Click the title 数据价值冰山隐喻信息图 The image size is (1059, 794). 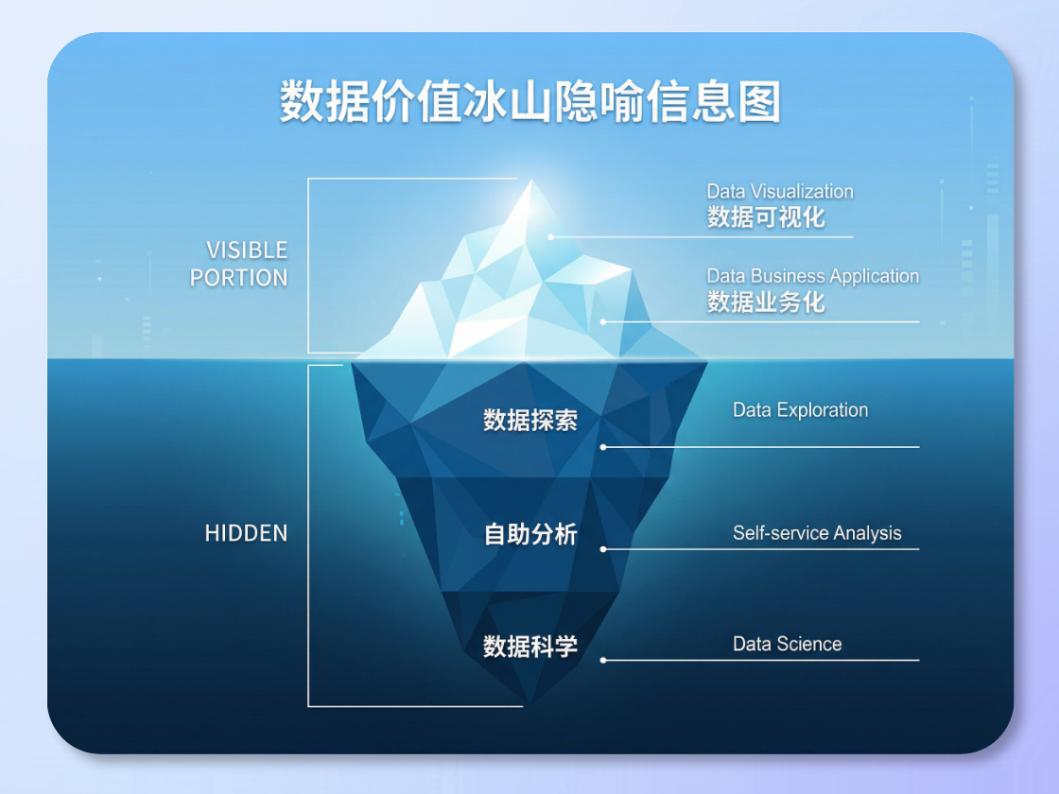[529, 101]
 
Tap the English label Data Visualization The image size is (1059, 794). [780, 192]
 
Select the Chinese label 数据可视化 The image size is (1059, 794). [766, 217]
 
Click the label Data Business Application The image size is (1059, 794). [812, 277]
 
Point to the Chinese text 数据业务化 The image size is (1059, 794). [766, 302]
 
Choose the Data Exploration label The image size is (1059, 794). [800, 410]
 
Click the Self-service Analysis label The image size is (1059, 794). [817, 533]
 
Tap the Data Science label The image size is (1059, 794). [787, 645]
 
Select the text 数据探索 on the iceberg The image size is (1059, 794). [529, 421]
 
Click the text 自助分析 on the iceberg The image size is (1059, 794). [529, 535]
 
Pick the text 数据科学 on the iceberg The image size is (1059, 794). [529, 647]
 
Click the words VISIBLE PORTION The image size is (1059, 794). [239, 264]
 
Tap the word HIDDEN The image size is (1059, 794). [246, 533]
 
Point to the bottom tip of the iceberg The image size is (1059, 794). [529, 701]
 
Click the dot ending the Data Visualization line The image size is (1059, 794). [551, 237]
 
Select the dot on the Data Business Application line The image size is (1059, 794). [603, 322]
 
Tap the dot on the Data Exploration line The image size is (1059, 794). [603, 447]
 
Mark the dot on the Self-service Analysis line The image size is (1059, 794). [603, 549]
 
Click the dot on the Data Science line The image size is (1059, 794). [603, 661]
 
